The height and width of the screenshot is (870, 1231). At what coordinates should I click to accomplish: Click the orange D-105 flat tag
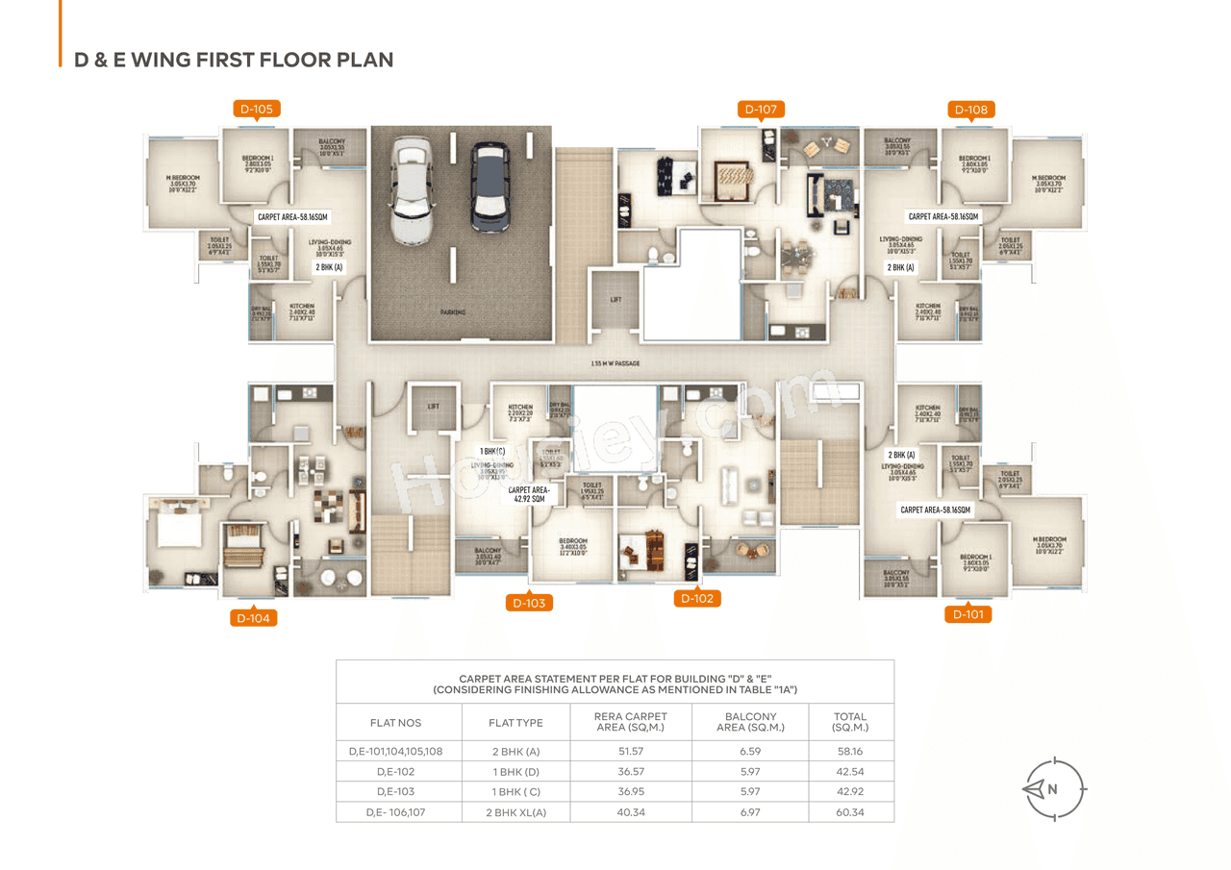(257, 110)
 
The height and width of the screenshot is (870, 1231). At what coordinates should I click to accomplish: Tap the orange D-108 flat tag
(971, 110)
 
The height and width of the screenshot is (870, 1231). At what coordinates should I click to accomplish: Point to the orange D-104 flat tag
(254, 618)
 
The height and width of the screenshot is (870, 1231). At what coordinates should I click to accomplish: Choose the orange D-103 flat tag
(529, 604)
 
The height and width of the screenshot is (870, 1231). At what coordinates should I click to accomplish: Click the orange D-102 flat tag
(697, 599)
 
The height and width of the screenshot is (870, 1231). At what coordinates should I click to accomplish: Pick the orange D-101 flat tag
(967, 614)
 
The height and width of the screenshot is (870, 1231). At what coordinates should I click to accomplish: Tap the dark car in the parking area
(490, 186)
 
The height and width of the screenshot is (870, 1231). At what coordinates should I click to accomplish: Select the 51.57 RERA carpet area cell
(630, 751)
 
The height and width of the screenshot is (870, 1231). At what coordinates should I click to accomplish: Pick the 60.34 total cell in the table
(850, 812)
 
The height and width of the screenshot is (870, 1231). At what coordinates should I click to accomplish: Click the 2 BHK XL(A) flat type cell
(515, 812)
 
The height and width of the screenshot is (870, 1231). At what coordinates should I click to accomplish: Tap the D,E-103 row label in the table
(395, 792)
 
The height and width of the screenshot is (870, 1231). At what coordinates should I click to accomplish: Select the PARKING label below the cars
(453, 312)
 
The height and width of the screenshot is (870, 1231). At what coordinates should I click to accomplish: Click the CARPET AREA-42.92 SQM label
(528, 494)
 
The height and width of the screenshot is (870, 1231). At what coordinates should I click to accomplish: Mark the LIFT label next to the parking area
(615, 300)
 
